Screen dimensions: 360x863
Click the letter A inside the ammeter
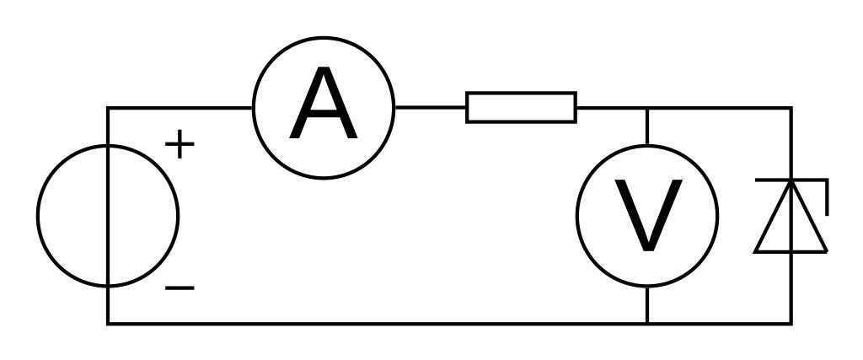coord(324,107)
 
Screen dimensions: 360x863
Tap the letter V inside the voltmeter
coord(647,216)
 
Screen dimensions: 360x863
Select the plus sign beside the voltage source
coord(180,145)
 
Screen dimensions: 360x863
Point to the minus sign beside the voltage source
coord(180,288)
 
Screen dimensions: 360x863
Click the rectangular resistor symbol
coord(522,107)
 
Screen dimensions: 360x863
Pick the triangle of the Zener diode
coord(791,223)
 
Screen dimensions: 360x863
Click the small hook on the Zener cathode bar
coord(826,197)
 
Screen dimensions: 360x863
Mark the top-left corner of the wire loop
coord(108,108)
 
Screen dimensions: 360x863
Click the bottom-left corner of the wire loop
coord(108,323)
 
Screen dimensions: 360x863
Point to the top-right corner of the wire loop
coord(791,108)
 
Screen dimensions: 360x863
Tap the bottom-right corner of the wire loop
coord(791,323)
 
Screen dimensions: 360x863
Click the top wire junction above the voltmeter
coord(647,108)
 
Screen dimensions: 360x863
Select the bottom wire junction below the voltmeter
coord(647,323)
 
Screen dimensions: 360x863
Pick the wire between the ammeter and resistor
coord(430,107)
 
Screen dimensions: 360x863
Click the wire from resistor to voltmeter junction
coord(612,108)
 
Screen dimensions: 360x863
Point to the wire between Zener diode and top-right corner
coord(791,143)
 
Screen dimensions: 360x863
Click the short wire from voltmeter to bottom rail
coord(647,305)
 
